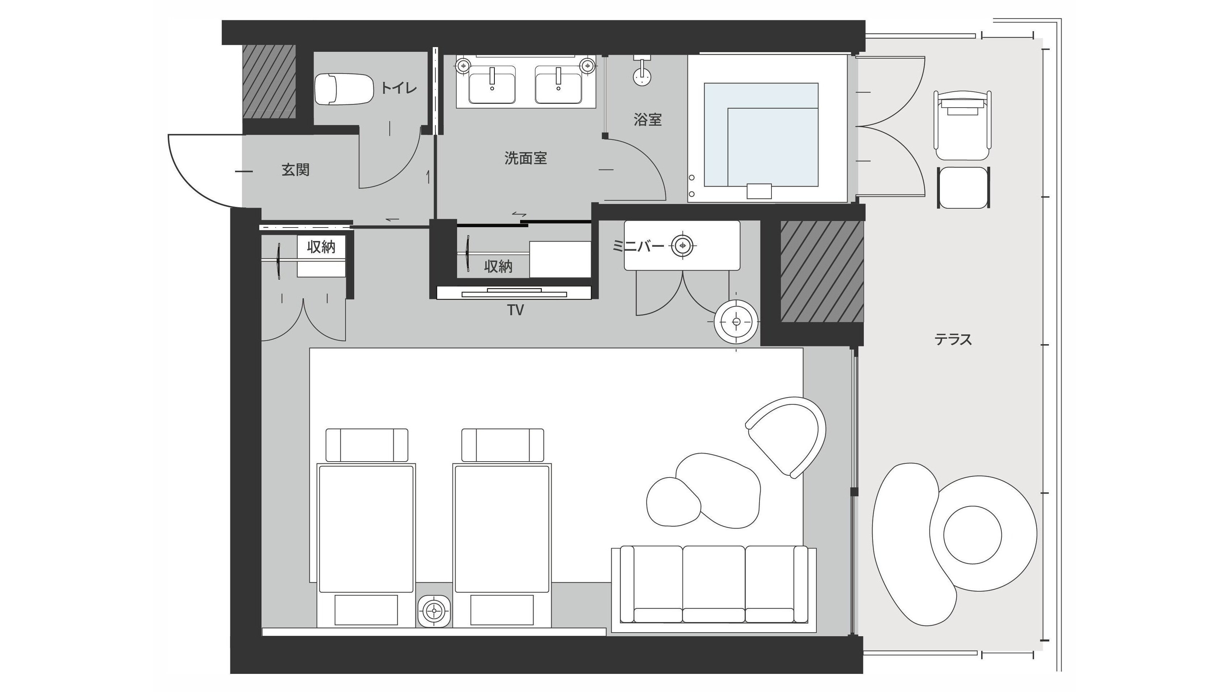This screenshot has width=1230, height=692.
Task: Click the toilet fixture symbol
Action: point(343,89)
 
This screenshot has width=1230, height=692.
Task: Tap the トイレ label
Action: point(399,88)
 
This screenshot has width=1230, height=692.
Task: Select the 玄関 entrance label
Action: point(296,170)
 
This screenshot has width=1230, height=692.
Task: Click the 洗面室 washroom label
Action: point(526,158)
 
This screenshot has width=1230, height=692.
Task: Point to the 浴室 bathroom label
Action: point(648,120)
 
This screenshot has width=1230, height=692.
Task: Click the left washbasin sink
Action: point(492,85)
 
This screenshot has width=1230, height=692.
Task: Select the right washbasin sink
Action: point(558,85)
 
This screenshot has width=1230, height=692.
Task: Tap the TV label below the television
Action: point(516,310)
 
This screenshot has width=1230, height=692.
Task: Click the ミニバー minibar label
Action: point(638,246)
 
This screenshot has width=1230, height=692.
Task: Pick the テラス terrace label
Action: point(953,339)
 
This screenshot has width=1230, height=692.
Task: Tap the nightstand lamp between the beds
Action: point(434,610)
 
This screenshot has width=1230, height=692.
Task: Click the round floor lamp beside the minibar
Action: point(736,322)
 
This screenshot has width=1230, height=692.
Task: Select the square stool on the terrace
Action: point(963,187)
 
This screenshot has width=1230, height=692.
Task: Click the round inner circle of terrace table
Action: point(972,534)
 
